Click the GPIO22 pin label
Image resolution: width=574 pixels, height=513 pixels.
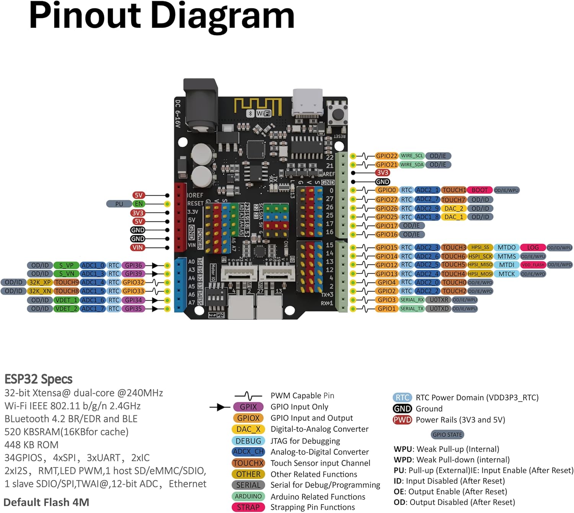pos(386,156)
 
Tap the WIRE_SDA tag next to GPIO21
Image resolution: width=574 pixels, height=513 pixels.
pos(412,165)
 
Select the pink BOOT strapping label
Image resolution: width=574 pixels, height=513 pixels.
pos(479,190)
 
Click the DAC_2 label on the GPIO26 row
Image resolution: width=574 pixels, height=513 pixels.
pos(453,208)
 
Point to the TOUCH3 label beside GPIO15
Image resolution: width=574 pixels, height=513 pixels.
pos(454,247)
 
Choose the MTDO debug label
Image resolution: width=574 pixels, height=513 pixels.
pos(506,247)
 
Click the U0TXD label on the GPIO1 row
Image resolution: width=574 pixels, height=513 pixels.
pos(439,308)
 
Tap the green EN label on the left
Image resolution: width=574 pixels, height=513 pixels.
pos(139,204)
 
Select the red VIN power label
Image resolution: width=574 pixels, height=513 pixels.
pos(138,247)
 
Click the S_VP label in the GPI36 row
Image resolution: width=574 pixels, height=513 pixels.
pos(66,265)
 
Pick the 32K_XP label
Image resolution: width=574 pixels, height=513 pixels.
pos(40,282)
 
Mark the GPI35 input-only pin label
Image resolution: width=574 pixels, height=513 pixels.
pos(134,308)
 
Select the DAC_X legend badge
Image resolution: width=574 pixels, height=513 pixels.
pos(248,429)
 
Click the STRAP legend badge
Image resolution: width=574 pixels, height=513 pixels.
pos(248,507)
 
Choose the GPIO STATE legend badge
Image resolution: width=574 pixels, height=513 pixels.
pos(447,435)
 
